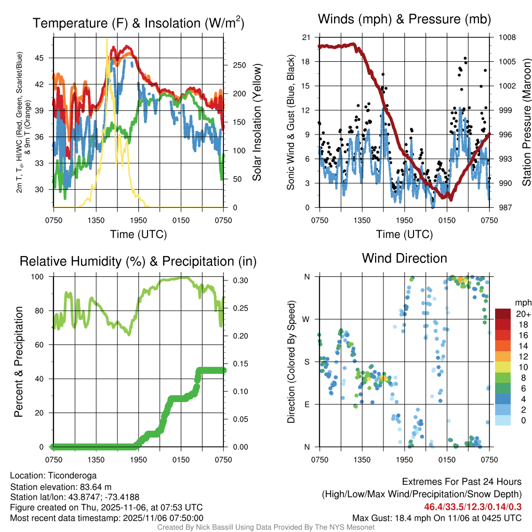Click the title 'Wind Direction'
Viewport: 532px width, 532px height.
(404, 258)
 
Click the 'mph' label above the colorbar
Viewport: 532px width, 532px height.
(522, 302)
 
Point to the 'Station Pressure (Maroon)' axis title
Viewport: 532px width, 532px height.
(526, 123)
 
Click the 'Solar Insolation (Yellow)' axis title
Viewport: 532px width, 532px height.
(257, 123)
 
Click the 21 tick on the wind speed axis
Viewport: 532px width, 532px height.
(305, 37)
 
